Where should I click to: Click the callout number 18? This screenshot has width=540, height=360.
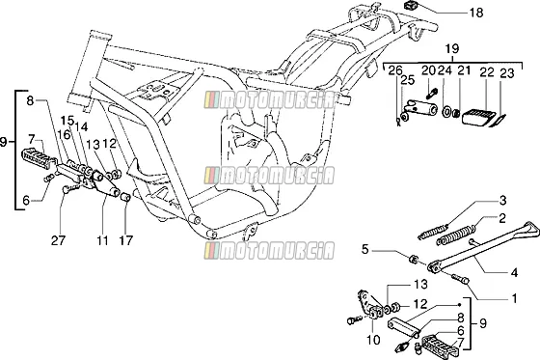coord(476,14)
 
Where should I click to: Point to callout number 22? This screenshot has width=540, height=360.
coord(487,71)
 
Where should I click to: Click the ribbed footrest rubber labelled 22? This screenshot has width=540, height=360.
coord(478,116)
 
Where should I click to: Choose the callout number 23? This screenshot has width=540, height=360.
coord(506,73)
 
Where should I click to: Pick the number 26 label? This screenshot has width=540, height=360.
coord(395,70)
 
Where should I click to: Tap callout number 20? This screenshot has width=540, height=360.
coord(428,70)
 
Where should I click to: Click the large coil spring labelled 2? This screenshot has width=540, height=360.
coord(456,235)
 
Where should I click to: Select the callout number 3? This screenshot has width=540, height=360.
coord(502,201)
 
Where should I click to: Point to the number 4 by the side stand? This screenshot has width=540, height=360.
coord(513,273)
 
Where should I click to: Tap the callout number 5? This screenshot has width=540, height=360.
coord(365,249)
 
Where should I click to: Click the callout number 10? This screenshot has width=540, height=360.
coord(373,340)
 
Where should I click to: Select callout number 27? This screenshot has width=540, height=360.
coord(58,240)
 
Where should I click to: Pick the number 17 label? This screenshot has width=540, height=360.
coord(125,240)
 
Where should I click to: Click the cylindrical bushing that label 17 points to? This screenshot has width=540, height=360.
coord(125,198)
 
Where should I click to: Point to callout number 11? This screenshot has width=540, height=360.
coord(102,240)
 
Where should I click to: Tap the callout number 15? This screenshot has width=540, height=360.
coord(67,121)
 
